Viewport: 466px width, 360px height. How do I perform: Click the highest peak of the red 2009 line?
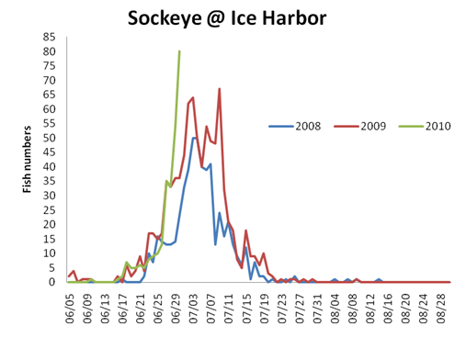pyautogui.click(x=220, y=89)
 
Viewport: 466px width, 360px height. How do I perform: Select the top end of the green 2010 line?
pyautogui.click(x=179, y=51)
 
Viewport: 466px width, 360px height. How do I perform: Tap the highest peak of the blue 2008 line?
pyautogui.click(x=194, y=138)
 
